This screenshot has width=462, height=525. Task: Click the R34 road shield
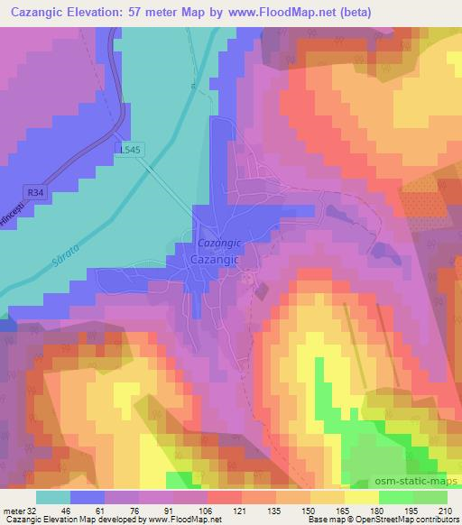(x=35, y=192)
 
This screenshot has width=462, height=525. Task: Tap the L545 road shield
(x=127, y=151)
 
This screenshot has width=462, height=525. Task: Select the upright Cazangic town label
(x=215, y=259)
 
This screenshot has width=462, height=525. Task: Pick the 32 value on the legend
(x=33, y=510)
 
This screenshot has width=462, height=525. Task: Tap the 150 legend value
(x=310, y=510)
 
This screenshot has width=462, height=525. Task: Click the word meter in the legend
(x=12, y=510)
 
